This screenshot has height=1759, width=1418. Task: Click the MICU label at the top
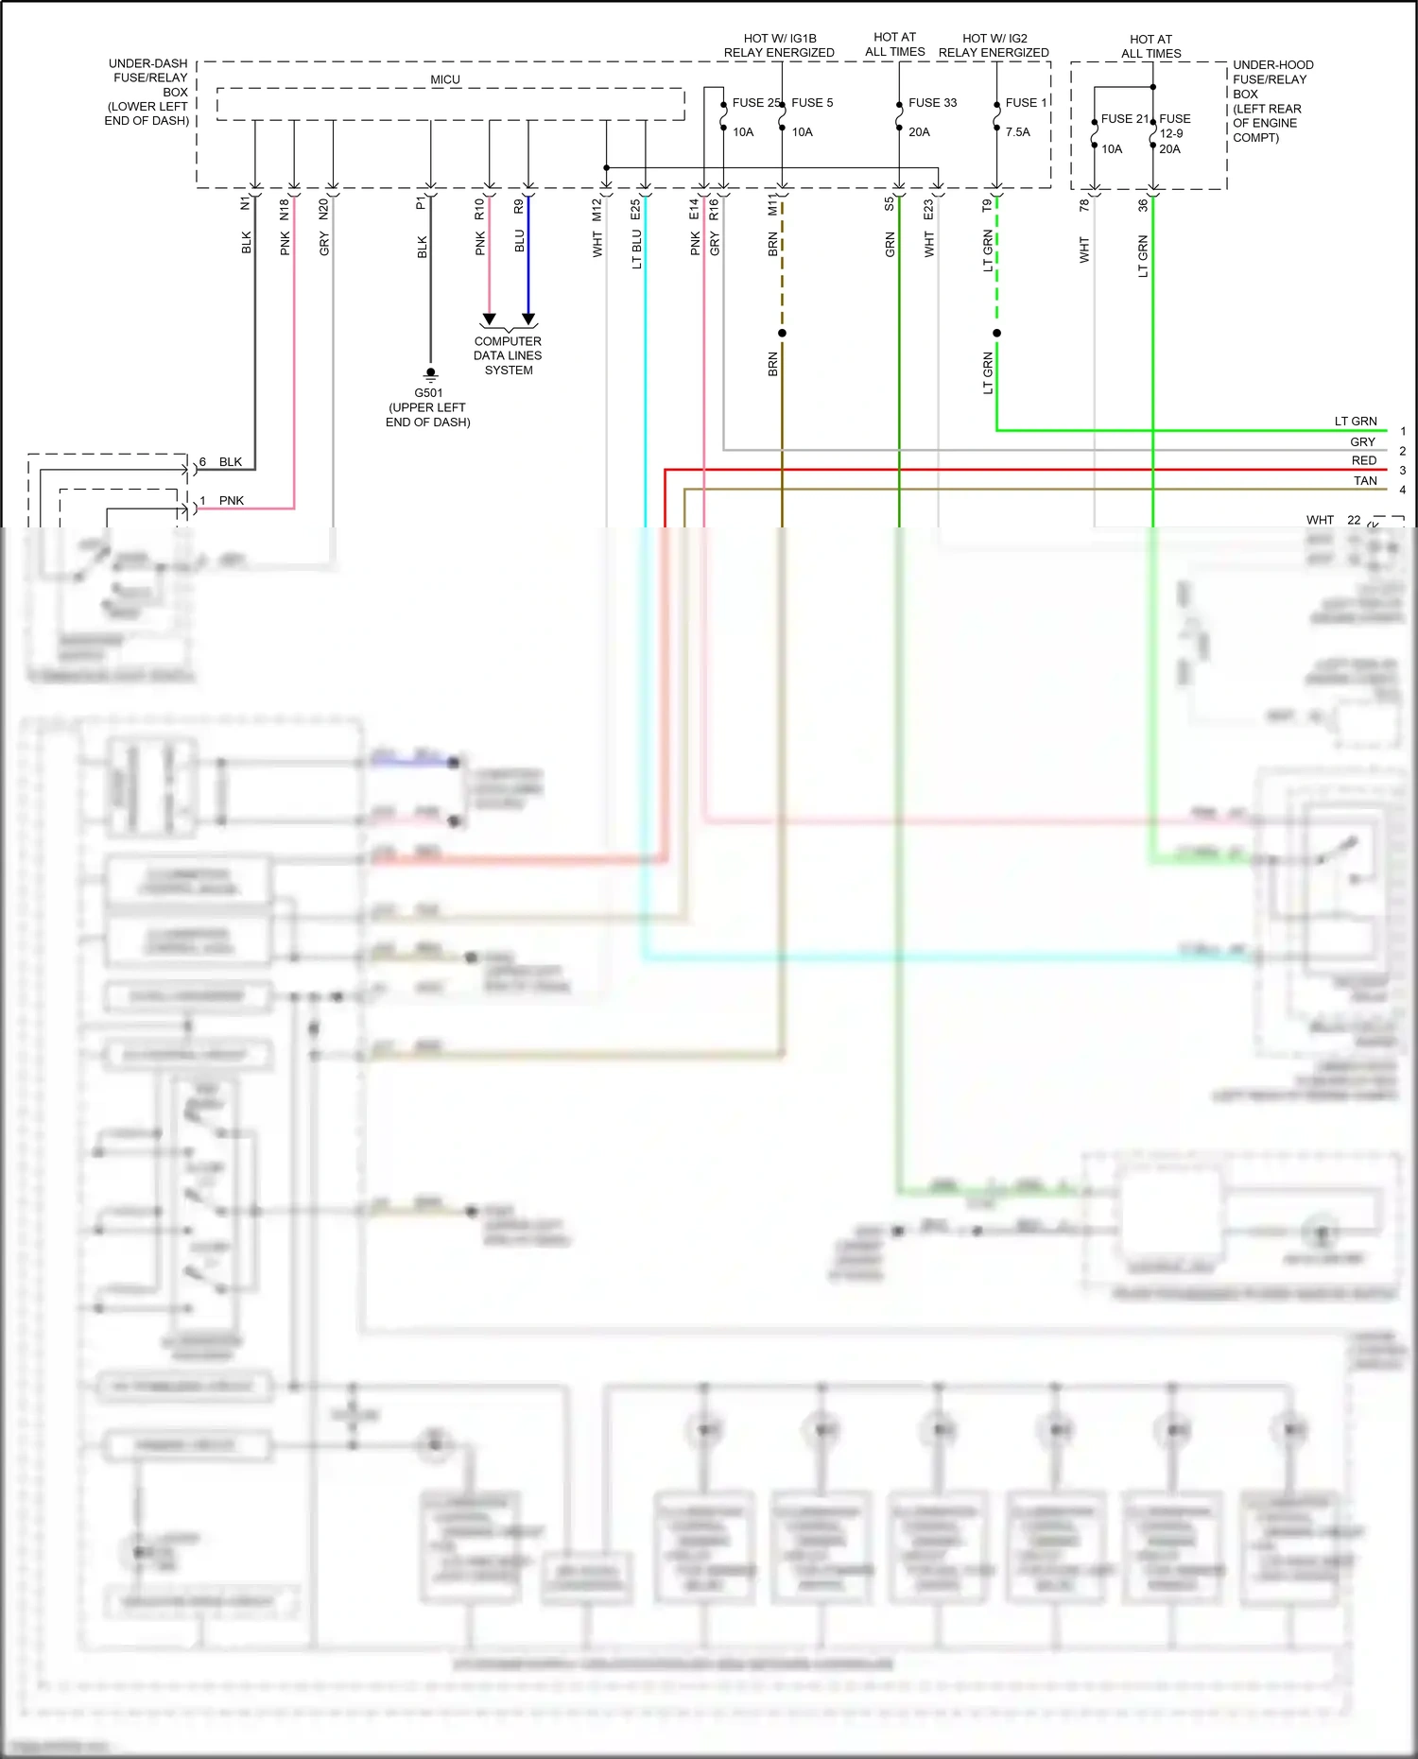[445, 79]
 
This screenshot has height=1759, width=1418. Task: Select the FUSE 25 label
[756, 102]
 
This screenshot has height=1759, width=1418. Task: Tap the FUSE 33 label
[932, 102]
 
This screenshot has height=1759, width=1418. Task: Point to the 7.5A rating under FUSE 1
[1018, 131]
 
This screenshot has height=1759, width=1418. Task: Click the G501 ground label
[428, 392]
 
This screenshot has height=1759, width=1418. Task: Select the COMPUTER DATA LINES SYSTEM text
[508, 355]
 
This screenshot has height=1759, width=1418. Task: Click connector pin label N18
[285, 209]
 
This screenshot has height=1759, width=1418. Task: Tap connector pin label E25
[635, 209]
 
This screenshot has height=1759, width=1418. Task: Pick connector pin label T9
[987, 205]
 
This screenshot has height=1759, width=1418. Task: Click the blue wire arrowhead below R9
[528, 319]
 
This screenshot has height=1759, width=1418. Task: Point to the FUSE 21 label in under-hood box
[1124, 118]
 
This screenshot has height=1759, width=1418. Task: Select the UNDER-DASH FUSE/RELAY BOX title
[148, 92]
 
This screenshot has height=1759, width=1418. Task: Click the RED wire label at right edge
[1363, 460]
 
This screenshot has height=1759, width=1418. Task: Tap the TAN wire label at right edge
[1364, 480]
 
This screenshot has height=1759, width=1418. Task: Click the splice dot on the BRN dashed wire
[782, 333]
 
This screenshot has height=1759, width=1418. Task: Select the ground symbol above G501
[430, 374]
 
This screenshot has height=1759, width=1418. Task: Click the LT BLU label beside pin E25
[636, 249]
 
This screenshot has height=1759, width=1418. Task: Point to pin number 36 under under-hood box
[1142, 204]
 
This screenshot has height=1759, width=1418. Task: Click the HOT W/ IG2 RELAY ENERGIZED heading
[994, 45]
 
